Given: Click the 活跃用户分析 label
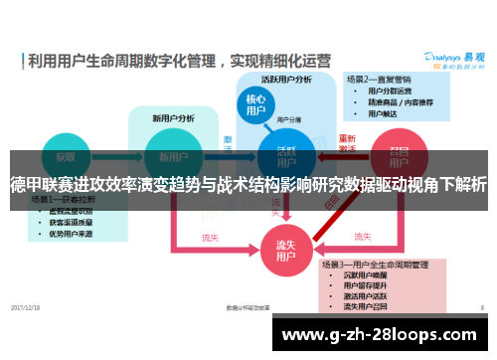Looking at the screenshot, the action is [286, 80].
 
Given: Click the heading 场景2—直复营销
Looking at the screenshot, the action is [379, 78].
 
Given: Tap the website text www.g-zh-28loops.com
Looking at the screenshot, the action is [383, 333].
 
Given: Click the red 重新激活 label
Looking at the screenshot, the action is [347, 143].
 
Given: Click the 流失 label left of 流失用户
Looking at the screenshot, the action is [211, 238].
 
